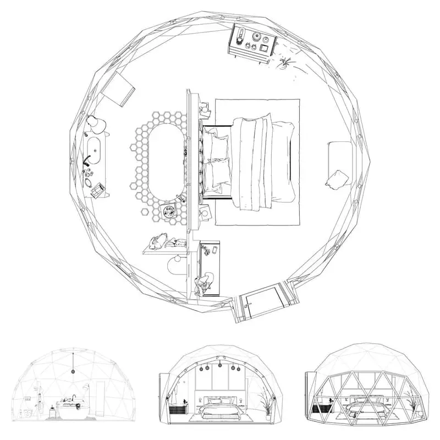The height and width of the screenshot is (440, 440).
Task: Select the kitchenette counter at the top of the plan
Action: tap(252, 42)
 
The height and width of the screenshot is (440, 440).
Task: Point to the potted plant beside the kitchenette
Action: tap(285, 64)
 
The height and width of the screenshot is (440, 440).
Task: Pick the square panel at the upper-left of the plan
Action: tap(119, 87)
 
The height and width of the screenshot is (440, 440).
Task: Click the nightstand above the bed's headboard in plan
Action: tap(205, 109)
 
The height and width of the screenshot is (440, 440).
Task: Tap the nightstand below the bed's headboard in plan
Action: tap(205, 213)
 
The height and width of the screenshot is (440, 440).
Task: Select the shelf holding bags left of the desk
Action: tap(165, 244)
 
